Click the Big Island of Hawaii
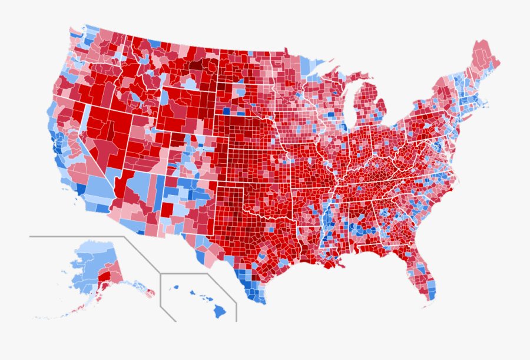pos(219,309)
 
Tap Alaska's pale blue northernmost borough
pos(94,247)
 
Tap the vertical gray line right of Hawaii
pos(236,312)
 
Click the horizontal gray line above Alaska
pos(77,236)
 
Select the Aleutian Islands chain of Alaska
pos(65,311)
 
